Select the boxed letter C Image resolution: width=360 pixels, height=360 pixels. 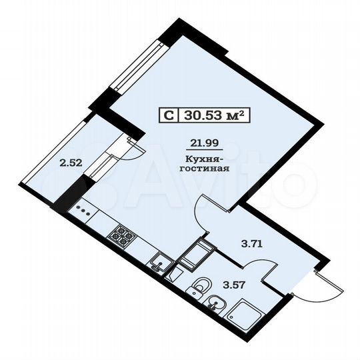click(x=169, y=115)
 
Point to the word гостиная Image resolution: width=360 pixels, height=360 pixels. click(x=205, y=169)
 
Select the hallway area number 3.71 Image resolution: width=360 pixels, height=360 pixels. click(x=252, y=243)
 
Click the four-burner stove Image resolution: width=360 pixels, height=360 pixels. click(x=122, y=235)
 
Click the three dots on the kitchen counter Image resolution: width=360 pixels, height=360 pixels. click(x=84, y=209)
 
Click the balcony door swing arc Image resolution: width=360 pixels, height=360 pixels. click(x=130, y=148)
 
